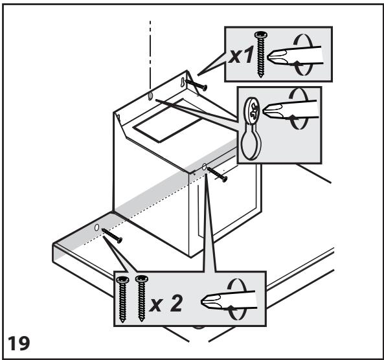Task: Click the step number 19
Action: [x=19, y=343]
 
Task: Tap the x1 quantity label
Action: [x=241, y=56]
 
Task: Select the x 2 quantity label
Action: [x=166, y=303]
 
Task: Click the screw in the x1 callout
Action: [x=261, y=54]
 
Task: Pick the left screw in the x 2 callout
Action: [x=122, y=299]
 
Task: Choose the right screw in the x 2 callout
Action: [x=142, y=298]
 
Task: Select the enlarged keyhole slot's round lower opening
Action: [x=251, y=146]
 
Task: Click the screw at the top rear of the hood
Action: [x=196, y=85]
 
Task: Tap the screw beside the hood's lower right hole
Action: [x=217, y=174]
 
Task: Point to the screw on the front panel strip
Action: [x=111, y=236]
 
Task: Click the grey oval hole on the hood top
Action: [x=150, y=96]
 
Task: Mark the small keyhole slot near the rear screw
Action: [x=183, y=82]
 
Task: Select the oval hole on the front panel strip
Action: [x=96, y=227]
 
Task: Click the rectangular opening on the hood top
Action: [x=168, y=120]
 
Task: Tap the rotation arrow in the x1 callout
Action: [x=303, y=54]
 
